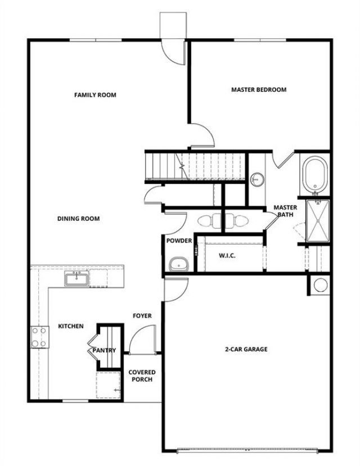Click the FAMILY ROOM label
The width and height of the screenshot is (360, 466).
(x=95, y=95)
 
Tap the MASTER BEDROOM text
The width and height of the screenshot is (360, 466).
(x=259, y=89)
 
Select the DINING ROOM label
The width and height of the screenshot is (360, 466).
(x=78, y=219)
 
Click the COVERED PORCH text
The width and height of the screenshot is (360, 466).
(x=142, y=375)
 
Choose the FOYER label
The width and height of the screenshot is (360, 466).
(x=142, y=316)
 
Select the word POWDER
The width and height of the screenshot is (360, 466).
(x=179, y=241)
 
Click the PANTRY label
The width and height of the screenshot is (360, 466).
(x=104, y=350)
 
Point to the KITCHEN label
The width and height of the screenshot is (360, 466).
(x=71, y=326)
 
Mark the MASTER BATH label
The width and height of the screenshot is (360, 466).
(x=285, y=211)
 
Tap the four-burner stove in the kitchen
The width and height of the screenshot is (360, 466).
(x=39, y=337)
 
